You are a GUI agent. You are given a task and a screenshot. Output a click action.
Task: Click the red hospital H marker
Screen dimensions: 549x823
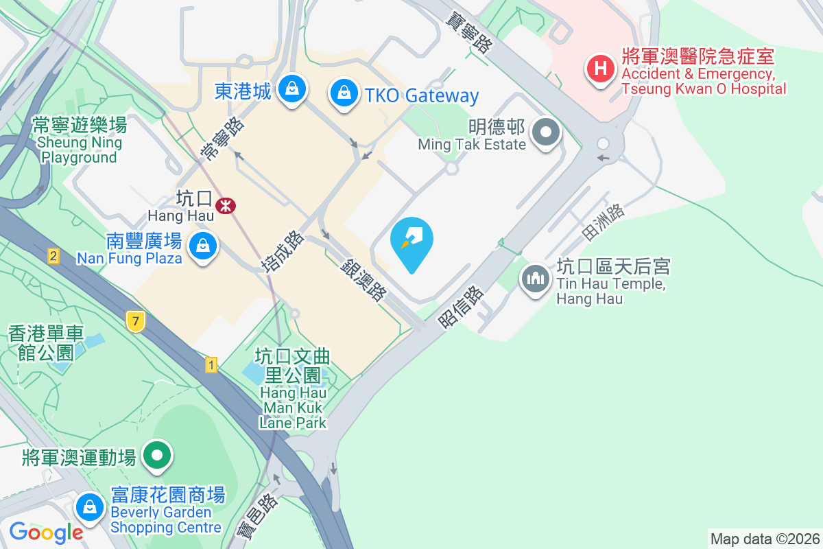point(601,69)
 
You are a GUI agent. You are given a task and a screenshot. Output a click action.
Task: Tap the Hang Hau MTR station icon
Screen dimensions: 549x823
point(224,205)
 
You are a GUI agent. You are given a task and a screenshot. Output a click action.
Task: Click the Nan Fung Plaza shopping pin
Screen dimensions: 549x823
point(203,245)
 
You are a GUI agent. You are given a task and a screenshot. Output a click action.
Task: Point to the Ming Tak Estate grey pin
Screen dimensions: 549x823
point(547,131)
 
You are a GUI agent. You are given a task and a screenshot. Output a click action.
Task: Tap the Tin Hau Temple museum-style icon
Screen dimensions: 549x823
point(535,279)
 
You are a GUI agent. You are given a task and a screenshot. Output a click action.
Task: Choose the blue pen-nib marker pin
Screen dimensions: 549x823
point(411,240)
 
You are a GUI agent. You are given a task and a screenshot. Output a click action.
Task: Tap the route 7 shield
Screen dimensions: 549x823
point(136,320)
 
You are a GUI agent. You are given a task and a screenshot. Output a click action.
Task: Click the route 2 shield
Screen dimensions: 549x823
point(53,257)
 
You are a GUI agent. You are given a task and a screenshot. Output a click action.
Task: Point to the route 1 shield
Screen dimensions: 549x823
point(211,365)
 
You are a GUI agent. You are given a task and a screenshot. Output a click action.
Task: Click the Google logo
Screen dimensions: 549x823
point(46,532)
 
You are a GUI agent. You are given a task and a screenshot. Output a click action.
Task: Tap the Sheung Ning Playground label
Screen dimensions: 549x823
point(80,141)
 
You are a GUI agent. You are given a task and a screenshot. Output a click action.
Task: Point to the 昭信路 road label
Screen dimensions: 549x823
point(462,306)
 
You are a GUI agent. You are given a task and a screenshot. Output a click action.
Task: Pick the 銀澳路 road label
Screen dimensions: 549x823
point(363,280)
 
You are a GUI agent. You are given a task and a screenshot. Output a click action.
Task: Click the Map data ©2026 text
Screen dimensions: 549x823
point(765,539)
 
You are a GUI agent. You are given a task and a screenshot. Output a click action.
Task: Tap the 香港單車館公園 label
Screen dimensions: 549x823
point(46,343)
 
